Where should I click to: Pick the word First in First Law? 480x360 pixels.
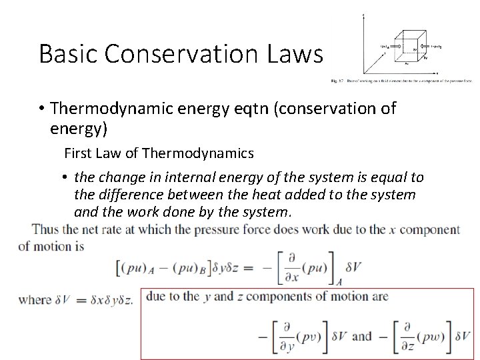pos(77,153)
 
